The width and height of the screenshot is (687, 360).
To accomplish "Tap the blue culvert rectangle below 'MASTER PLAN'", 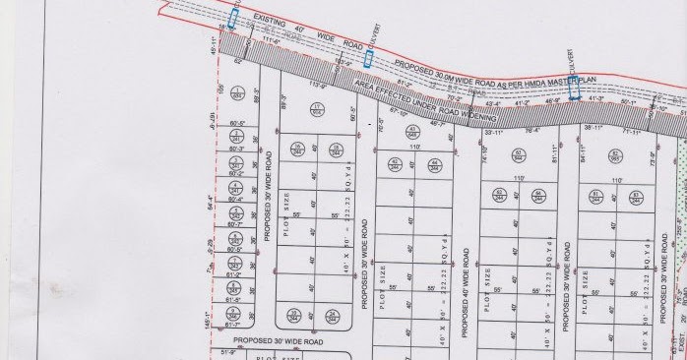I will [572, 84].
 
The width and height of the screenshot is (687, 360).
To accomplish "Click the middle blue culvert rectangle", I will [368, 59].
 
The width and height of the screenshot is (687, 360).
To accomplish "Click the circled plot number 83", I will [615, 154].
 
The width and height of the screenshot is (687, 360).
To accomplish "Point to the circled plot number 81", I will [595, 197].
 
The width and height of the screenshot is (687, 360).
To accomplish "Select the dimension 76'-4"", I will [532, 129].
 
